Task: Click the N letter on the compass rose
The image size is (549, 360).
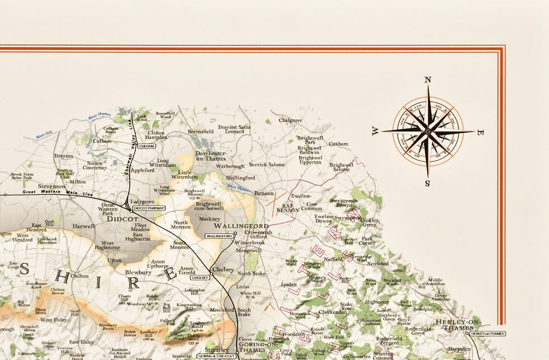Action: [x=428, y=80]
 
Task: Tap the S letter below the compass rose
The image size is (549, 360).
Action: [x=427, y=183]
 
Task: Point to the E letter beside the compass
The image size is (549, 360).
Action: [x=480, y=133]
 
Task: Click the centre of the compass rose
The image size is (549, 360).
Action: [x=427, y=132]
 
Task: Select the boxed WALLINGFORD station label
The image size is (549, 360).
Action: [x=219, y=236]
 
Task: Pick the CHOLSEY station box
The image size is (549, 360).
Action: [x=199, y=277]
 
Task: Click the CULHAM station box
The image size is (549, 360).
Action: [x=147, y=146]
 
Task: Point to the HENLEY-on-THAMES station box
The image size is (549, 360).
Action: [x=487, y=334]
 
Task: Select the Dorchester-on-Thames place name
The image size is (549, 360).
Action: [x=211, y=156]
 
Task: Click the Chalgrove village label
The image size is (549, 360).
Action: [x=290, y=120]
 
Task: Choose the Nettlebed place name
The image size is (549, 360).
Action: [x=377, y=263]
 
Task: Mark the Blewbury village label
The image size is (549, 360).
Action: [x=137, y=272]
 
